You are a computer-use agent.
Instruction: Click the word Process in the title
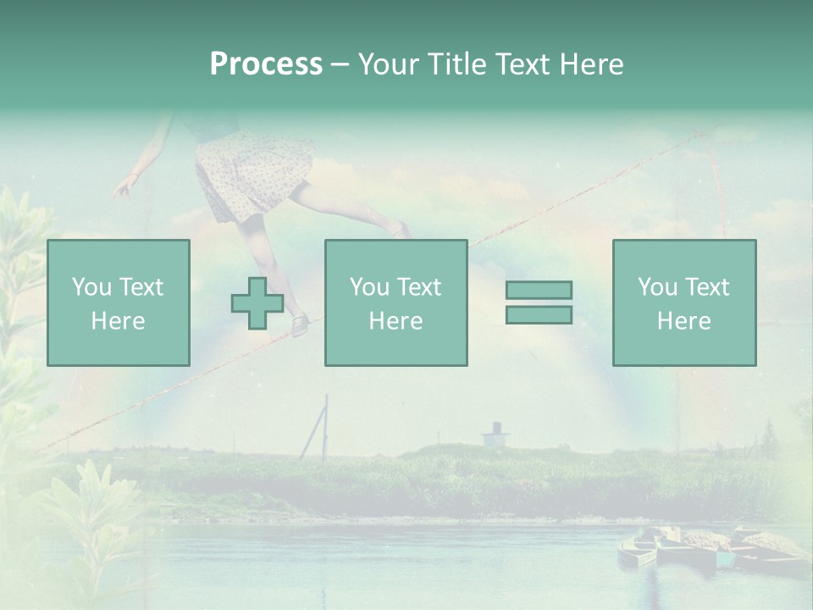(x=266, y=64)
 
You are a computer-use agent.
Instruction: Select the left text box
(x=119, y=302)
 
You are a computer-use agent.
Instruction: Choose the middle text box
(x=395, y=302)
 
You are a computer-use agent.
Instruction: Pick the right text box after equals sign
(x=683, y=302)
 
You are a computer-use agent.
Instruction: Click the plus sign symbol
(x=257, y=302)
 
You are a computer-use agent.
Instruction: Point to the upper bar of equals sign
(x=539, y=290)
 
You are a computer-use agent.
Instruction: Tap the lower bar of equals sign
(x=539, y=314)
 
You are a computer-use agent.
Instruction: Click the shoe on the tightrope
(x=299, y=324)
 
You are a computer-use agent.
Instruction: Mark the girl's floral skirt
(x=252, y=174)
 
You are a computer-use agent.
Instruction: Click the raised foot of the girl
(x=399, y=229)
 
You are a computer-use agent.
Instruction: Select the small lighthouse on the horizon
(x=495, y=434)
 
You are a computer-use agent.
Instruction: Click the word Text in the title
(x=522, y=64)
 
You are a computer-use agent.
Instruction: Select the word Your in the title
(x=386, y=64)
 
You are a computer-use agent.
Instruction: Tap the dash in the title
(x=340, y=64)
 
